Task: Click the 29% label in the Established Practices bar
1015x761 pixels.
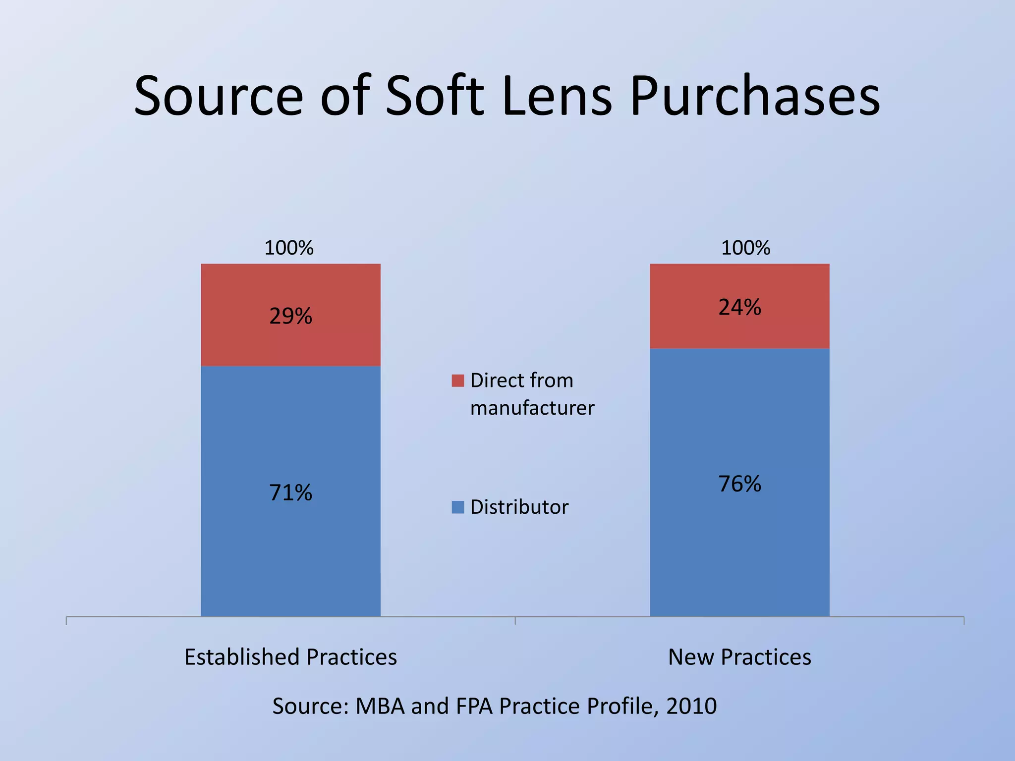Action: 290,316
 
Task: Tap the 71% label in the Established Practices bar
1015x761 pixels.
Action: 290,492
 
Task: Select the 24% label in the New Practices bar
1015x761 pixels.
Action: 739,307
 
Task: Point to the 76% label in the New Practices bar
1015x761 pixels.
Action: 739,484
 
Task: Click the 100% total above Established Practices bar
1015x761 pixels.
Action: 289,248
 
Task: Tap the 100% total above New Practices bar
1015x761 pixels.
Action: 745,248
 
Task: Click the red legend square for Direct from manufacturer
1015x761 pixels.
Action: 458,380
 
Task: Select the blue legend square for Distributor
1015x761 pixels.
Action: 458,507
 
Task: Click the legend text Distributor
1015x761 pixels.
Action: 519,507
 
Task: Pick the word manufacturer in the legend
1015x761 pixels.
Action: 532,408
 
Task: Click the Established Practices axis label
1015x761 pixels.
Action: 290,657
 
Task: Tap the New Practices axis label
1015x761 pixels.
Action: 739,657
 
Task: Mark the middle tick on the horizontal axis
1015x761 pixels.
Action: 515,620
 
